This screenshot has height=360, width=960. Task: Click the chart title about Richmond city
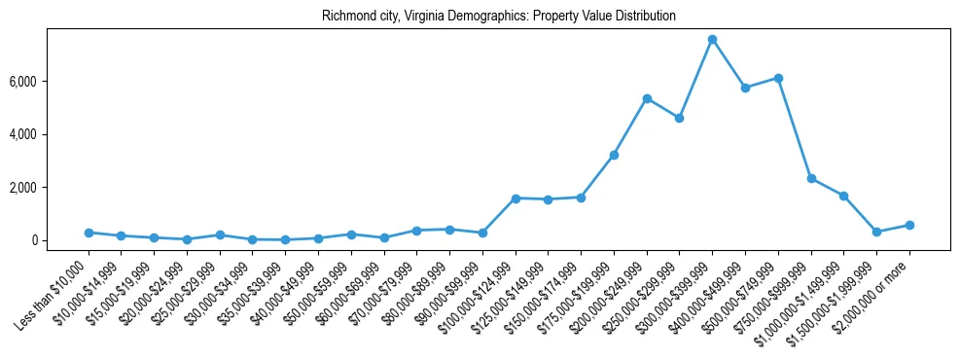498,17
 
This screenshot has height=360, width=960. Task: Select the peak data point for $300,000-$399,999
712,40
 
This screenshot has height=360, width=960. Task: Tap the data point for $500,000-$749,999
778,78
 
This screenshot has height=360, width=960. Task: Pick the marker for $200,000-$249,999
647,98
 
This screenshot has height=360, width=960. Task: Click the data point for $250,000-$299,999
679,118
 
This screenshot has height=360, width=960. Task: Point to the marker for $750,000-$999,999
811,179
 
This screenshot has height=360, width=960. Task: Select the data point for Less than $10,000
89,233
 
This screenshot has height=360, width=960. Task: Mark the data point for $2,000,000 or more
909,225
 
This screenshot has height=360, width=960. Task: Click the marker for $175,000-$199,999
614,155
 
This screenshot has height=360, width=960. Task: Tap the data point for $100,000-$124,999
516,198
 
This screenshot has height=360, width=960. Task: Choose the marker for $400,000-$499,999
745,88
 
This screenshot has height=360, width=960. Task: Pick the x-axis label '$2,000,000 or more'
873,290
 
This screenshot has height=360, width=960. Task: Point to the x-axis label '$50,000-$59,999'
312,288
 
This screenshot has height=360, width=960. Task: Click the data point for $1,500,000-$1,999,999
876,232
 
